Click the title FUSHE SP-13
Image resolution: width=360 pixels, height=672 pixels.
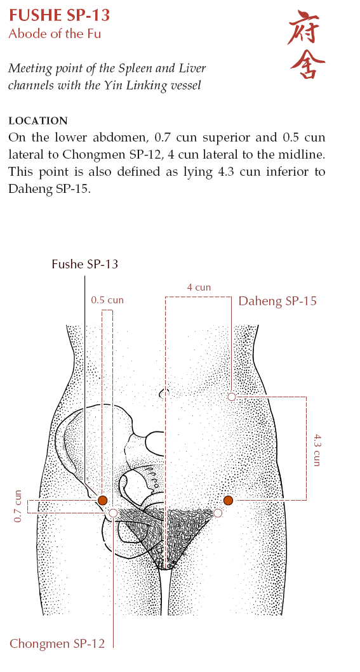click(x=59, y=15)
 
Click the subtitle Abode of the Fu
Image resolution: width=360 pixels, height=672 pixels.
click(x=55, y=34)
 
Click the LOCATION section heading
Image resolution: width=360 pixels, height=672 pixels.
click(x=38, y=121)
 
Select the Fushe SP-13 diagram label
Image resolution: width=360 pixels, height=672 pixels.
click(x=85, y=264)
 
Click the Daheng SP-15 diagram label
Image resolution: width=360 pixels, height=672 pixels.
click(x=277, y=301)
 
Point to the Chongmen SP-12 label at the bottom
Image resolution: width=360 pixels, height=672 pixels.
click(x=57, y=643)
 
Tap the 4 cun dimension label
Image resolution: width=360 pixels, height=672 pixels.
click(x=199, y=287)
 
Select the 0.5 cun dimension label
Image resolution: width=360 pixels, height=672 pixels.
click(x=107, y=300)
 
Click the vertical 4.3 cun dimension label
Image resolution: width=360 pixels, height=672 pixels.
click(x=317, y=449)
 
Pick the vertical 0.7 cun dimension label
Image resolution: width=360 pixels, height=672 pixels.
click(x=18, y=506)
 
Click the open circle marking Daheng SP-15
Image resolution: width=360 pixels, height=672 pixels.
click(x=231, y=397)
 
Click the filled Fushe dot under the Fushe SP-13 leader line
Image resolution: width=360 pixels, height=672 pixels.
click(x=102, y=500)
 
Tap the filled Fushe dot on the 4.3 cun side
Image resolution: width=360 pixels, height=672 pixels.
click(x=228, y=500)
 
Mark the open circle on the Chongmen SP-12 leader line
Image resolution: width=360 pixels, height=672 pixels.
click(x=113, y=513)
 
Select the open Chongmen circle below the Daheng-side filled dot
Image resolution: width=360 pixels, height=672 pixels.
click(x=218, y=513)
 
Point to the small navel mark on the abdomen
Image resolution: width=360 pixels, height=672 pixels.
click(x=162, y=392)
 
